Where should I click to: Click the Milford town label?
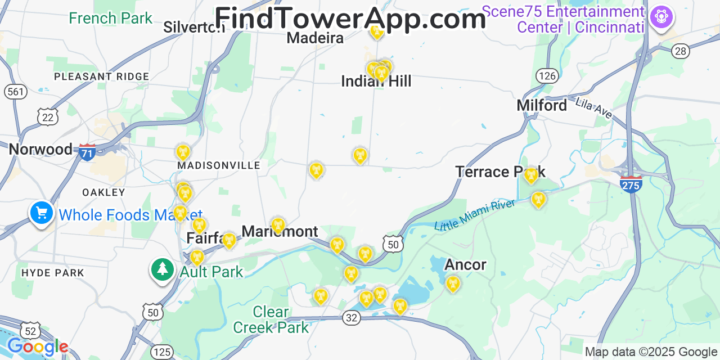pos(542,105)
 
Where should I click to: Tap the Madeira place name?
pos(315,38)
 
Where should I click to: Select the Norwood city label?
pos(40,149)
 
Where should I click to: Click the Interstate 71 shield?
pos(87,152)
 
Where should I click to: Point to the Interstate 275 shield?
pos(631,184)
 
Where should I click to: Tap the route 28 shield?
pos(681,51)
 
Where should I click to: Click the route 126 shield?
pos(547,75)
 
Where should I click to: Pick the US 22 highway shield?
pos(48,116)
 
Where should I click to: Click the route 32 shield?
pos(352,318)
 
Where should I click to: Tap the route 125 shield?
pos(162,352)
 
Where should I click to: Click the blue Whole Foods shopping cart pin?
pos(42,213)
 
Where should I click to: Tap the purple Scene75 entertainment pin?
pos(661,16)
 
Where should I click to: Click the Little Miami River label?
pos(475,214)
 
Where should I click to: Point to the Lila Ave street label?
pos(594,107)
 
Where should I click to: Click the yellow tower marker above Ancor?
pos(453,285)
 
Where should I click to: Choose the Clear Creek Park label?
pos(271,319)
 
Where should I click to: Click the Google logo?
pos(38,346)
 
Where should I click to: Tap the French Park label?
pos(110,18)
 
